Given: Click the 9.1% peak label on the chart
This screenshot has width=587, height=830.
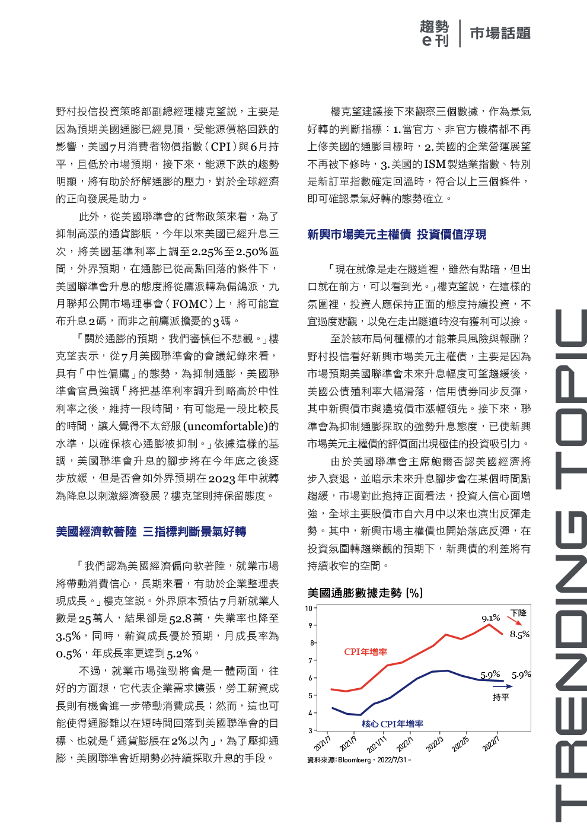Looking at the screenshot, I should (x=490, y=618).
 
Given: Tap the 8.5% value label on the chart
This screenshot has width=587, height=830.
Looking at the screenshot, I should (x=519, y=634).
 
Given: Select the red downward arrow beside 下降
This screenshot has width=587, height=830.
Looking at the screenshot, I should (x=515, y=621).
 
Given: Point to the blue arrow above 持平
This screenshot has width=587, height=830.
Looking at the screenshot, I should (x=502, y=686).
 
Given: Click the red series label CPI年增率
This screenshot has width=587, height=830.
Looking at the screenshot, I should (x=365, y=652).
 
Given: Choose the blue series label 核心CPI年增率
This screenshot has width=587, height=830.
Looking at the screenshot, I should (x=393, y=724).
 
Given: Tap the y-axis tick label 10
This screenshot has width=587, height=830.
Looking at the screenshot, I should (x=309, y=608).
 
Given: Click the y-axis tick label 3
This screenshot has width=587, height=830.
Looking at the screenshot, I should (x=310, y=730).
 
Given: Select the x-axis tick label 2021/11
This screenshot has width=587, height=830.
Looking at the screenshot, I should (x=377, y=744).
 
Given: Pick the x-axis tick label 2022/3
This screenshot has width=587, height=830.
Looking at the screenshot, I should (x=435, y=744).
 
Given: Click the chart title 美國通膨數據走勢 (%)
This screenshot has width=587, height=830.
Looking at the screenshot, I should (x=365, y=593).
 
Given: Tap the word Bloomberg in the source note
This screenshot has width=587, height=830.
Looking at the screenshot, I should (x=355, y=760).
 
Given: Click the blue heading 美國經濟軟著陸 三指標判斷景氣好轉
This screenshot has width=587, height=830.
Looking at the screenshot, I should (x=151, y=532).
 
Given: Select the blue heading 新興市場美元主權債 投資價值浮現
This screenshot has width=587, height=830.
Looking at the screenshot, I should (x=396, y=234).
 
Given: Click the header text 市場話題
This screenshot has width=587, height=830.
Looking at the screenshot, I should (x=500, y=33).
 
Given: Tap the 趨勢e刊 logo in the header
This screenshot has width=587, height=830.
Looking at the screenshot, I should (x=435, y=33).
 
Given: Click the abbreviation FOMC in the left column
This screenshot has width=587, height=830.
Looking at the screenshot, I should (x=190, y=304).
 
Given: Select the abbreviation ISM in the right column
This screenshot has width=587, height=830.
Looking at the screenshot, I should (x=435, y=164).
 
